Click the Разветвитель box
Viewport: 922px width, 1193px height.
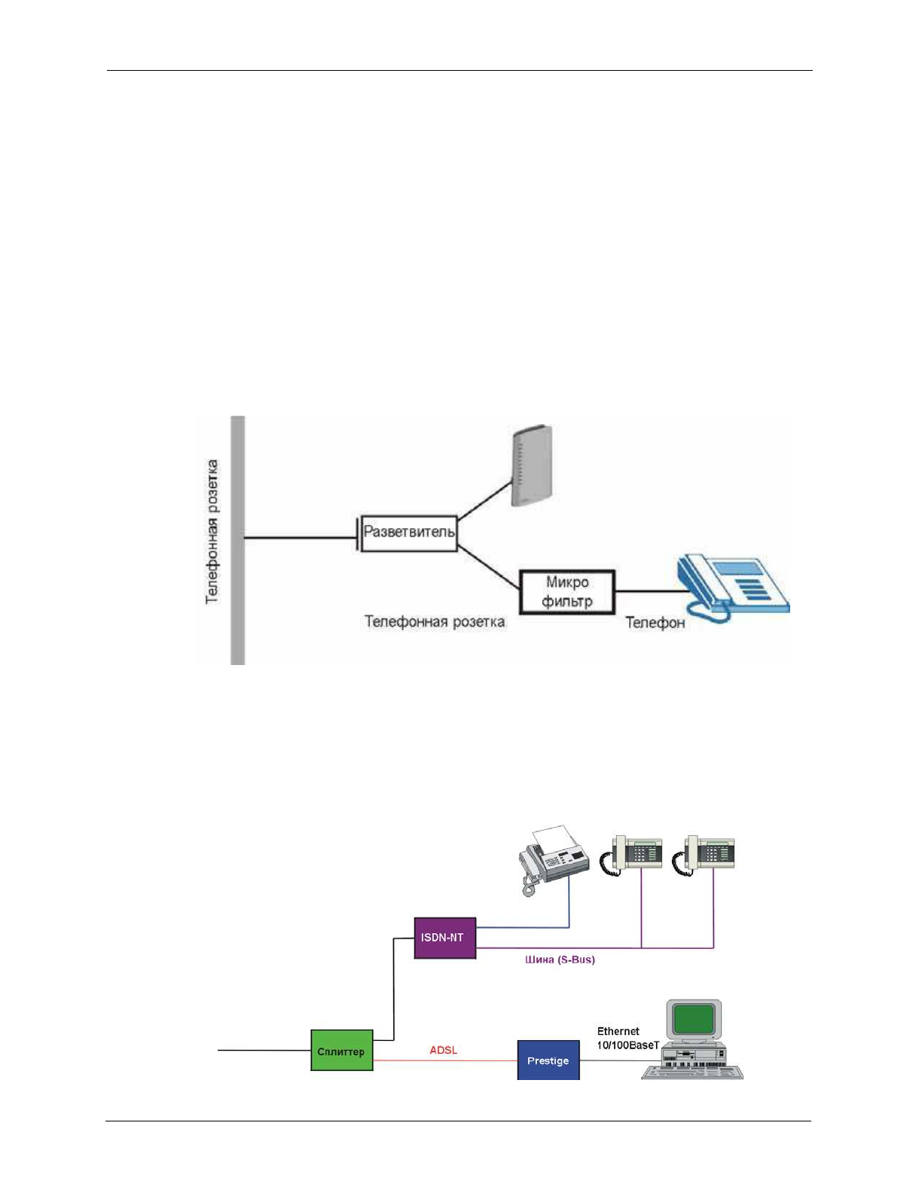pyautogui.click(x=409, y=533)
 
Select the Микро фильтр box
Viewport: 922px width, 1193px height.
pyautogui.click(x=567, y=592)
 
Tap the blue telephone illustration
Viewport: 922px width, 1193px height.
pyautogui.click(x=731, y=587)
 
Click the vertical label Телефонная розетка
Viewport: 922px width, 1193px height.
pyautogui.click(x=212, y=532)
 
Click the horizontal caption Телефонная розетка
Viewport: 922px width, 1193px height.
pyautogui.click(x=435, y=622)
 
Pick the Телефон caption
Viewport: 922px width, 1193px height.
pyautogui.click(x=655, y=623)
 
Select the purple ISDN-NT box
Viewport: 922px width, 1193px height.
pyautogui.click(x=444, y=938)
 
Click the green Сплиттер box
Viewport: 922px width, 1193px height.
pyautogui.click(x=342, y=1051)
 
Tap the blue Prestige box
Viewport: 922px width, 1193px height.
pyautogui.click(x=548, y=1060)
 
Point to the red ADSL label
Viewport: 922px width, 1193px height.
pyautogui.click(x=443, y=1050)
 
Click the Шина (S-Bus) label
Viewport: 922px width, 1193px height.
pyautogui.click(x=560, y=960)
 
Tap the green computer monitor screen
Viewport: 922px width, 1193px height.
pyautogui.click(x=693, y=1019)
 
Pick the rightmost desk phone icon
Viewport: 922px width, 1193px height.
pyautogui.click(x=705, y=856)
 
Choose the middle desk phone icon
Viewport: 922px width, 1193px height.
pyautogui.click(x=632, y=856)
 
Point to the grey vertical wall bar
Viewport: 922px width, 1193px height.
pyautogui.click(x=238, y=539)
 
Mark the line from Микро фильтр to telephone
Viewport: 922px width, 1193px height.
pyautogui.click(x=645, y=591)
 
